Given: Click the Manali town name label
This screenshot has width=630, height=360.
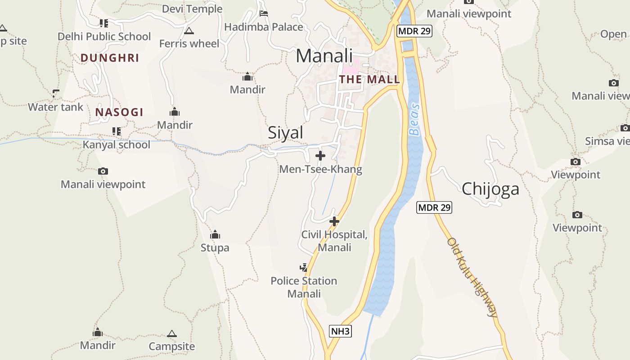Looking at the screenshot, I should (x=324, y=56).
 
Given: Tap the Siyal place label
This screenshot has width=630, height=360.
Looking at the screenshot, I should (x=285, y=133).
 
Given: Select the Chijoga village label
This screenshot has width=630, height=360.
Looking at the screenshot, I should (x=490, y=189).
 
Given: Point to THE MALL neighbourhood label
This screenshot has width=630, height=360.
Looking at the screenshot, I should (x=369, y=80).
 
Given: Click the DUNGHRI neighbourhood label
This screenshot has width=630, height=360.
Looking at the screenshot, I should (x=110, y=58).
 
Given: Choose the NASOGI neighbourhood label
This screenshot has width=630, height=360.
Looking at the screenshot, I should (x=119, y=112).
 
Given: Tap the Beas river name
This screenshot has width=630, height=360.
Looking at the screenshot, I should (x=414, y=120).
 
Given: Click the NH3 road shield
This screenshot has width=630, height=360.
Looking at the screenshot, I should (x=340, y=332).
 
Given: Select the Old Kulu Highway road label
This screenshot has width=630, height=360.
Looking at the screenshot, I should (x=472, y=277).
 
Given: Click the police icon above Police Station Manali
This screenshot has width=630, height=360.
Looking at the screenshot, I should (x=304, y=268).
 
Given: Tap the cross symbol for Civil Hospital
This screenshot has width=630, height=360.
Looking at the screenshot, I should (x=334, y=221).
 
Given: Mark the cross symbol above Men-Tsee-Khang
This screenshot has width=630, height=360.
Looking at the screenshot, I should (x=320, y=156).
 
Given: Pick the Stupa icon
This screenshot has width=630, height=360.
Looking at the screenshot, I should (x=215, y=235).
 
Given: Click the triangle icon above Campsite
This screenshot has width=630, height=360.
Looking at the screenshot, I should (x=171, y=334).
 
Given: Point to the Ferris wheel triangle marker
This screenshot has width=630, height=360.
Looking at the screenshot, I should (x=189, y=31).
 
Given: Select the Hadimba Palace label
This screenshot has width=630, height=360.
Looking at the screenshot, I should (x=263, y=27).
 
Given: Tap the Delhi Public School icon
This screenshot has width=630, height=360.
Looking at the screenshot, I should (x=104, y=23).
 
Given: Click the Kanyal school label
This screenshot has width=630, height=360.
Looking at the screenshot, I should (x=117, y=145).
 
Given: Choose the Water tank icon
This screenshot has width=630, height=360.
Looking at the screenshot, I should (x=56, y=94).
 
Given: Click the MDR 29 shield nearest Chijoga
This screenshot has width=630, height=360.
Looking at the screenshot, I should (x=434, y=207).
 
